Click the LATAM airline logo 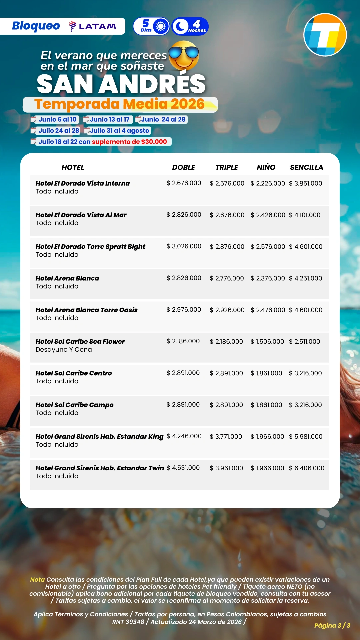[93, 26]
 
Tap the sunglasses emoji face [184, 55]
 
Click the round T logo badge [325, 35]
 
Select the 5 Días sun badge [152, 26]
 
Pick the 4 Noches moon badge [190, 26]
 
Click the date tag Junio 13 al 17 [109, 119]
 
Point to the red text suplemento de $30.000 [129, 142]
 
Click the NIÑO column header [266, 167]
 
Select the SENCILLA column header [306, 167]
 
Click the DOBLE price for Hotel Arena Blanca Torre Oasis [184, 310]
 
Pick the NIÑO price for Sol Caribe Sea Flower [267, 342]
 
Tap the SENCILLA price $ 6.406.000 [307, 468]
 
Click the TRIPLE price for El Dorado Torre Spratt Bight [227, 247]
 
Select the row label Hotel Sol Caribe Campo [75, 405]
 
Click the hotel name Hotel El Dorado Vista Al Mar [81, 215]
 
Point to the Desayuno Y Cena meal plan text [64, 350]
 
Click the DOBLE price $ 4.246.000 [184, 436]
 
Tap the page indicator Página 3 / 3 [332, 625]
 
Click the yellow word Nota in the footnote [37, 580]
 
